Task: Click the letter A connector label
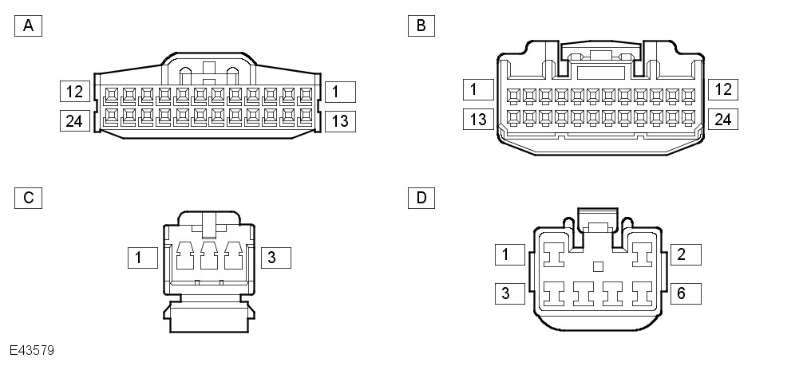coord(28,26)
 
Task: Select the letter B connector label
coord(421,26)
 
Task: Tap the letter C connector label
coord(28,198)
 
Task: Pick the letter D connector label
coord(421,196)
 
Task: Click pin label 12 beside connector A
coord(75,92)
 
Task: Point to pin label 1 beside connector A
coord(338,92)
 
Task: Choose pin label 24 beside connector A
coord(75,121)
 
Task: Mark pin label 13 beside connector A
coord(338,121)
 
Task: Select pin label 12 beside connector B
coord(722,89)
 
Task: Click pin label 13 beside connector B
coord(478,120)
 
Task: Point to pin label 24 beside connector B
coord(722,120)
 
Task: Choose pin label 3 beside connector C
coord(275,258)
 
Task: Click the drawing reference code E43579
coord(32,350)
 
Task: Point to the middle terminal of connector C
coord(209,259)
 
